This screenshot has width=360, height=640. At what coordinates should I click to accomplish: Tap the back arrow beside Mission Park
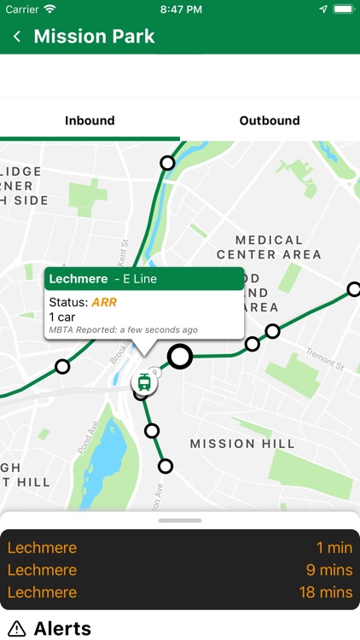pyautogui.click(x=17, y=37)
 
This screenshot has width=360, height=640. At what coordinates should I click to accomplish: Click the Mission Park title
pyautogui.click(x=94, y=37)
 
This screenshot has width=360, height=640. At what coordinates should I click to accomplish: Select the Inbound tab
pyautogui.click(x=90, y=120)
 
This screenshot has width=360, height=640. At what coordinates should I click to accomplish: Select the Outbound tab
pyautogui.click(x=270, y=120)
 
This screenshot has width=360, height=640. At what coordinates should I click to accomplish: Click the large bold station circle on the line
pyautogui.click(x=179, y=356)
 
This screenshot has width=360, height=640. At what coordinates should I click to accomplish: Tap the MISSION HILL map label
pyautogui.click(x=242, y=444)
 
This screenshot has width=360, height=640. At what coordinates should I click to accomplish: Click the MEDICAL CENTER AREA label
pyautogui.click(x=269, y=247)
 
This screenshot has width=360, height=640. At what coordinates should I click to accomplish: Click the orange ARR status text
pyautogui.click(x=104, y=302)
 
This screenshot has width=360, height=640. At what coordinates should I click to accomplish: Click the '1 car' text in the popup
pyautogui.click(x=62, y=317)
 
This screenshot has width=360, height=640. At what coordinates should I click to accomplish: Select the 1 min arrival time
pyautogui.click(x=334, y=548)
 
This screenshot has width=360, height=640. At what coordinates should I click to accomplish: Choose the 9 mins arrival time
pyautogui.click(x=331, y=570)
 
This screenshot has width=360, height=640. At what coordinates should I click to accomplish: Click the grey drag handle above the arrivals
pyautogui.click(x=180, y=520)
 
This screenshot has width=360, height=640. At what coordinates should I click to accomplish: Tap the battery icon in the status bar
pyautogui.click(x=343, y=9)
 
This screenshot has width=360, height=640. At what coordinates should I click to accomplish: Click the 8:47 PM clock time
pyautogui.click(x=180, y=9)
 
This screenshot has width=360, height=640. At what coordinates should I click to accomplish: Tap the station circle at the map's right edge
pyautogui.click(x=354, y=289)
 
